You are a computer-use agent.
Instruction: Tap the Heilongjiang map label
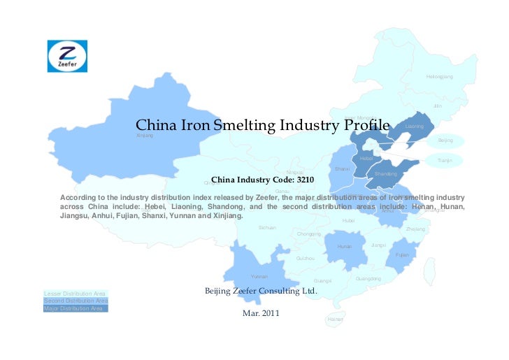(440, 76)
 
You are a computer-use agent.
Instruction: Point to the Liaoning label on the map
(415, 127)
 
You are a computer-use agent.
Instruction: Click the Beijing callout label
(445, 141)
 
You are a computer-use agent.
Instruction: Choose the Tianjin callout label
(445, 161)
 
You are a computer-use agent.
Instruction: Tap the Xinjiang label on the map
(145, 135)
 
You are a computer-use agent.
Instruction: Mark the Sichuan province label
(267, 228)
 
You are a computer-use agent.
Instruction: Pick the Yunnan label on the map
(259, 277)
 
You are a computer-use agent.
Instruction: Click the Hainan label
(335, 319)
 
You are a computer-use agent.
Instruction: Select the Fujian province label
(402, 255)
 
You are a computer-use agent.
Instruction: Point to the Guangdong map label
(368, 279)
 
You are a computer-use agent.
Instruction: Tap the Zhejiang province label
(415, 229)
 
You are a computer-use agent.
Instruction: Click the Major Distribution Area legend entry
(74, 308)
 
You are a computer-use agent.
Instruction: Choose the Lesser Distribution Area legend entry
(74, 293)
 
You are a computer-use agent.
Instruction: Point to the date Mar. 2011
(260, 312)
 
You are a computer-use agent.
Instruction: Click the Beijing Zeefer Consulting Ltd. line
(260, 290)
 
